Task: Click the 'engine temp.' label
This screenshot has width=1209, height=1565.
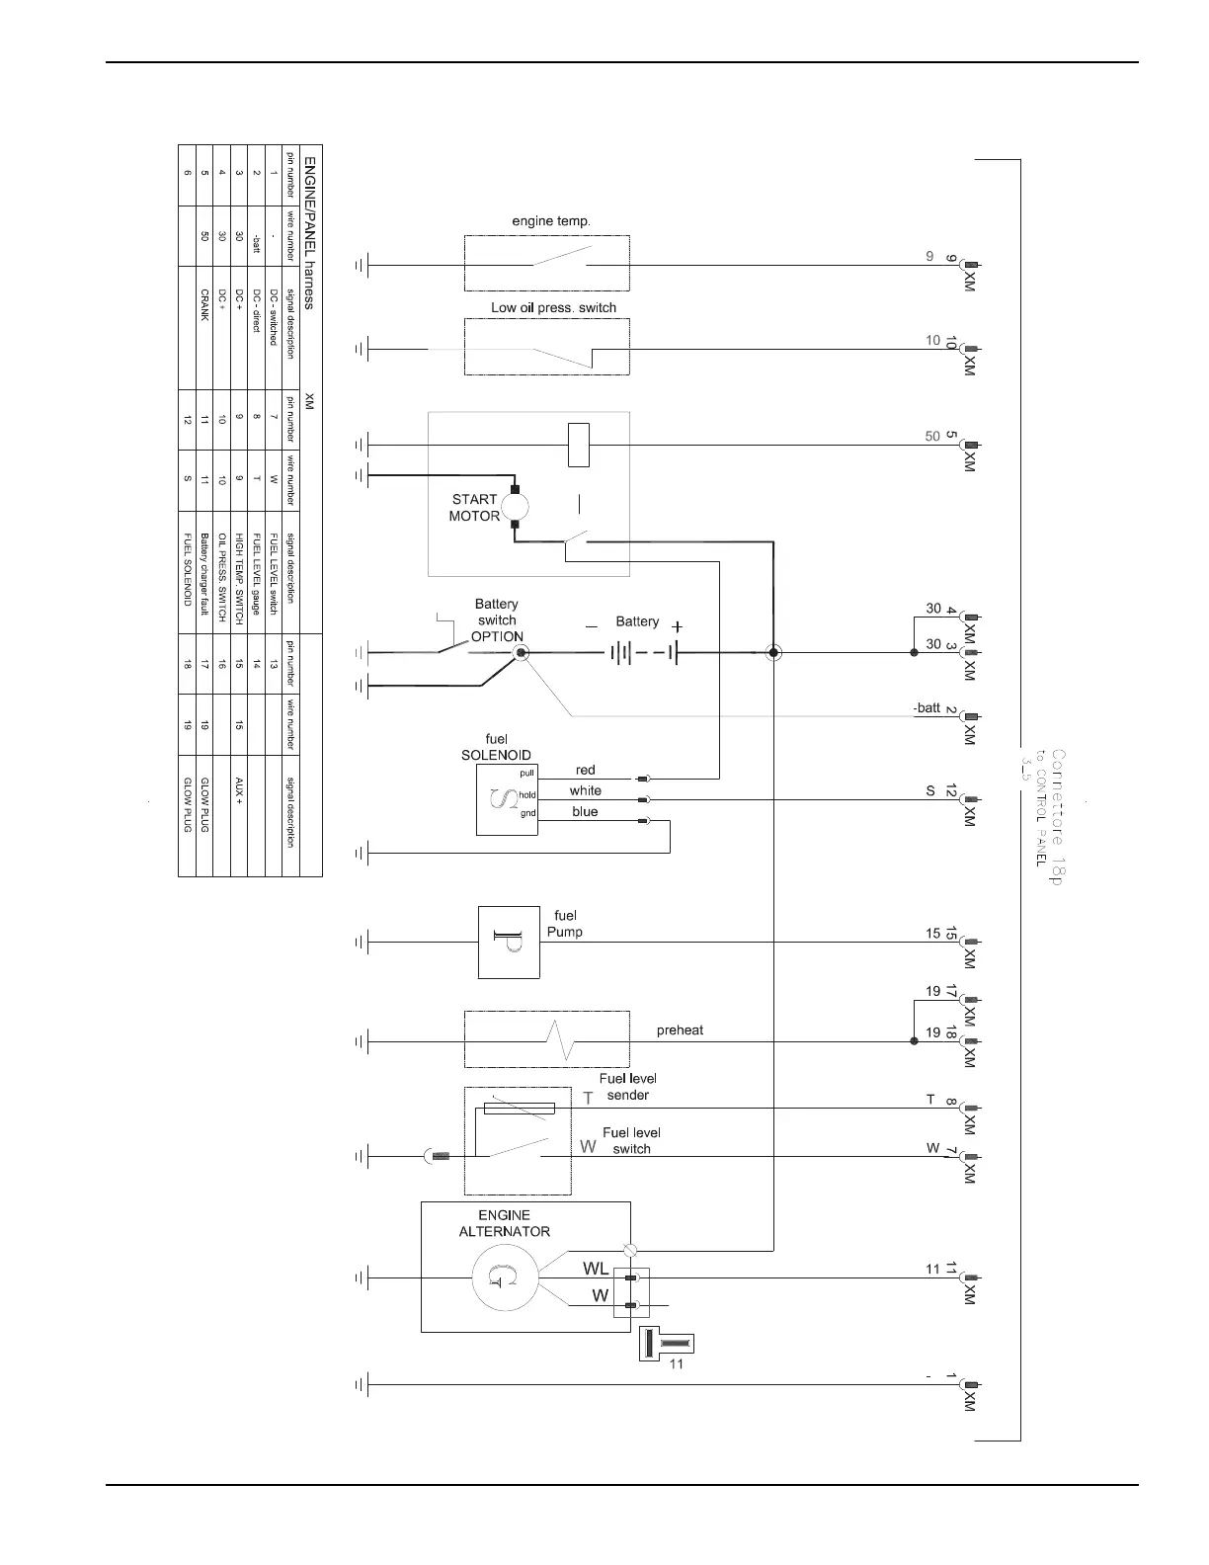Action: [551, 221]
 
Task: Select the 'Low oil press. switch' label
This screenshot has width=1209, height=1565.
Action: [553, 307]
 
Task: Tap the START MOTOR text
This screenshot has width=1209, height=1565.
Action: [474, 508]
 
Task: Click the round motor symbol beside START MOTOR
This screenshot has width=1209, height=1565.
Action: [515, 508]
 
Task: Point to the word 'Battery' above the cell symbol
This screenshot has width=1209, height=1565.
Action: [637, 621]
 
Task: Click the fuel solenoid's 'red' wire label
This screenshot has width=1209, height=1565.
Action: [585, 770]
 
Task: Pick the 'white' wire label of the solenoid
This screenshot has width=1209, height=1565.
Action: [585, 790]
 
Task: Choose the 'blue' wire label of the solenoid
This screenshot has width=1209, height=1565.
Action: [585, 811]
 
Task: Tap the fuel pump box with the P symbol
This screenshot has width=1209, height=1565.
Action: [509, 943]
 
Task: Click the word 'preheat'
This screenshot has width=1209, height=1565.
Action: [680, 1030]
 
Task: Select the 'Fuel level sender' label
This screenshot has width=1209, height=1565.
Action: [627, 1087]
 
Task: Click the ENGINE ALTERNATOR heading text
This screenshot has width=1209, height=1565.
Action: [504, 1223]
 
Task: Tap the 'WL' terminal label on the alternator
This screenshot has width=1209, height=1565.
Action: [596, 1269]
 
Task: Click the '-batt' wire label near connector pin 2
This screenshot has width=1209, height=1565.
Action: [927, 708]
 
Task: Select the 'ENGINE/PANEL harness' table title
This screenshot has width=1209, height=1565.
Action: [309, 232]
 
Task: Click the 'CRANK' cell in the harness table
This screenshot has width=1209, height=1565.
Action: [204, 304]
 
